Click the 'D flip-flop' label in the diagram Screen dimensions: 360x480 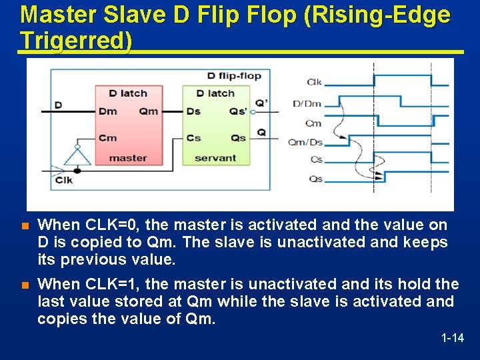click(x=234, y=75)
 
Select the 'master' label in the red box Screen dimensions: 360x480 click(x=128, y=158)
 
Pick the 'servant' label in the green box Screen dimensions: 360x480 click(x=215, y=158)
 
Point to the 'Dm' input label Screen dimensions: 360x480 click(x=107, y=111)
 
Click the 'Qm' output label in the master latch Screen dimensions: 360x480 click(x=149, y=111)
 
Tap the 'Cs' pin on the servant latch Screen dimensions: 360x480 click(x=193, y=138)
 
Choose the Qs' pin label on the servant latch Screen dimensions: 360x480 click(x=238, y=111)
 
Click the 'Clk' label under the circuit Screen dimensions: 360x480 click(x=64, y=181)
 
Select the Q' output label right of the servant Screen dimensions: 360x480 click(x=261, y=103)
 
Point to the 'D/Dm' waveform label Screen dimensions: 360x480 click(x=307, y=103)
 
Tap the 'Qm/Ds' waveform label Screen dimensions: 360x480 click(x=305, y=141)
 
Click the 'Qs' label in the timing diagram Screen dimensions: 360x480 click(x=316, y=179)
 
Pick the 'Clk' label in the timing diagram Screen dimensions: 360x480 click(x=315, y=82)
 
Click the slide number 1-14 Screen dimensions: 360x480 click(x=453, y=338)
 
